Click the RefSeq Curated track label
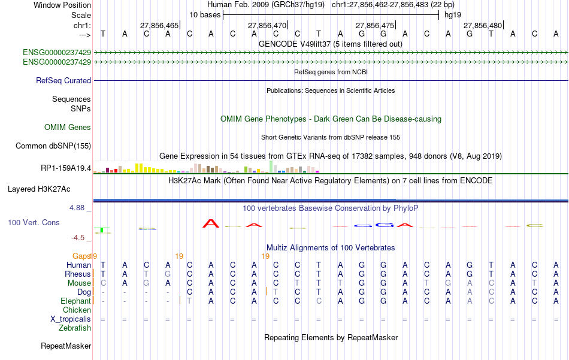pyautogui.click(x=63, y=80)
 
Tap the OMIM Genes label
pyautogui.click(x=68, y=127)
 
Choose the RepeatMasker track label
pyautogui.click(x=66, y=346)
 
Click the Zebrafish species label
pyautogui.click(x=75, y=328)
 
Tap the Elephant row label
pyautogui.click(x=75, y=301)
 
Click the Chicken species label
pyautogui.click(x=77, y=310)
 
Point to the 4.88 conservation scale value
pyautogui.click(x=78, y=208)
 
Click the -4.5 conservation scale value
pyautogui.click(x=78, y=237)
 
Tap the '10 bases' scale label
pyautogui.click(x=205, y=14)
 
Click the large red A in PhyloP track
pyautogui.click(x=211, y=223)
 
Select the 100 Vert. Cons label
pyautogui.click(x=33, y=222)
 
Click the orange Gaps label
pyautogui.click(x=81, y=256)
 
